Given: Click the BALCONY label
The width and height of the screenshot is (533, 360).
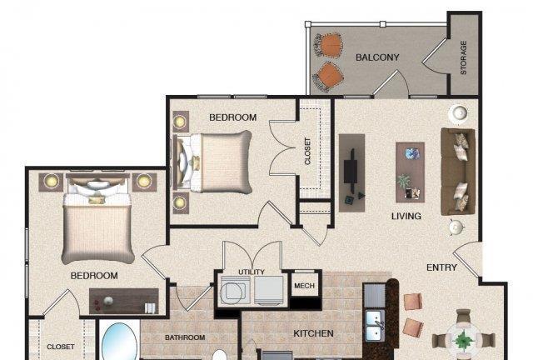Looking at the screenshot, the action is [377, 57].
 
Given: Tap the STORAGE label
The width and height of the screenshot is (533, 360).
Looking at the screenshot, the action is [463, 57].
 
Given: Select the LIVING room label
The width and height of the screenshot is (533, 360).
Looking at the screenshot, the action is [406, 216].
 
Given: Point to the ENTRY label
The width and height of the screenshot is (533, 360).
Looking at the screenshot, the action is [441, 267].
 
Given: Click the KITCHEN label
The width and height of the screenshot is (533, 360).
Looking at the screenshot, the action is [313, 333].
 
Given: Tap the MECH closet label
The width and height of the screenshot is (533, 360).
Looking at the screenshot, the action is [304, 286].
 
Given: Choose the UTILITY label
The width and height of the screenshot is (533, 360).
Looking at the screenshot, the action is [252, 272].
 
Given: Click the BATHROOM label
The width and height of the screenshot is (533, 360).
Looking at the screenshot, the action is [185, 337].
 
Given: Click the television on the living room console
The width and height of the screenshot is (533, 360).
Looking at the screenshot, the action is [351, 171].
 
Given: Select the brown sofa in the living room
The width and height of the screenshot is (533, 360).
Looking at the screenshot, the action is [457, 172].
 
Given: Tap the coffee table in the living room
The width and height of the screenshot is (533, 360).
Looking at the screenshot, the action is [411, 172].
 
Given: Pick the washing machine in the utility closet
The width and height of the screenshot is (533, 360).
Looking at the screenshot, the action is [235, 290].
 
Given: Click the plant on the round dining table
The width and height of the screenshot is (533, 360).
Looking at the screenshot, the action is [462, 340].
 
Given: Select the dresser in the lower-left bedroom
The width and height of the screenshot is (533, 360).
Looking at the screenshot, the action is [124, 302].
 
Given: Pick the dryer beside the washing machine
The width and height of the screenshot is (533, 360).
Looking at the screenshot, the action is [269, 290].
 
